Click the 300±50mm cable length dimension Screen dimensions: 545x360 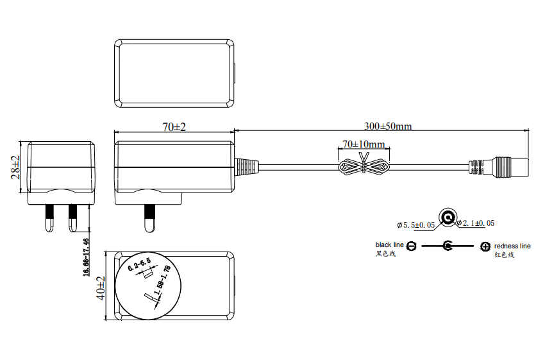tap(388, 126)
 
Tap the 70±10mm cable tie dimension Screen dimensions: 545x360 tap(364, 144)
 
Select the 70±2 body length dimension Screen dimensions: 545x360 tap(174, 127)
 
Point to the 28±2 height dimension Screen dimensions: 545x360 tap(15, 167)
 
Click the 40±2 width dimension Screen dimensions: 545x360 tap(101, 288)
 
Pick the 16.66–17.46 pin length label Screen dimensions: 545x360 tap(86, 257)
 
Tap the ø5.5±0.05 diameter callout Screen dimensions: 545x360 tap(415, 225)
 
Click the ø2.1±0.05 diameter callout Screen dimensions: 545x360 tap(476, 223)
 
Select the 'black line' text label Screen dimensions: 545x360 tap(389, 245)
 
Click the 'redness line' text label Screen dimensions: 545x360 tap(512, 246)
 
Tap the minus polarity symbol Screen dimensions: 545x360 tap(412, 246)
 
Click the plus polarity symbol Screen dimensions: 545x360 tap(485, 246)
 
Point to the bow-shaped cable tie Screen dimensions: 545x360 tap(364, 166)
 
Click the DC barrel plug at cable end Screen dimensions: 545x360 tap(499, 167)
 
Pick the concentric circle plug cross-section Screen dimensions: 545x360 tap(448, 218)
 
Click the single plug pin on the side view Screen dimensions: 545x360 tap(150, 218)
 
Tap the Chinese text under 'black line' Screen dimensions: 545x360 tap(385, 253)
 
